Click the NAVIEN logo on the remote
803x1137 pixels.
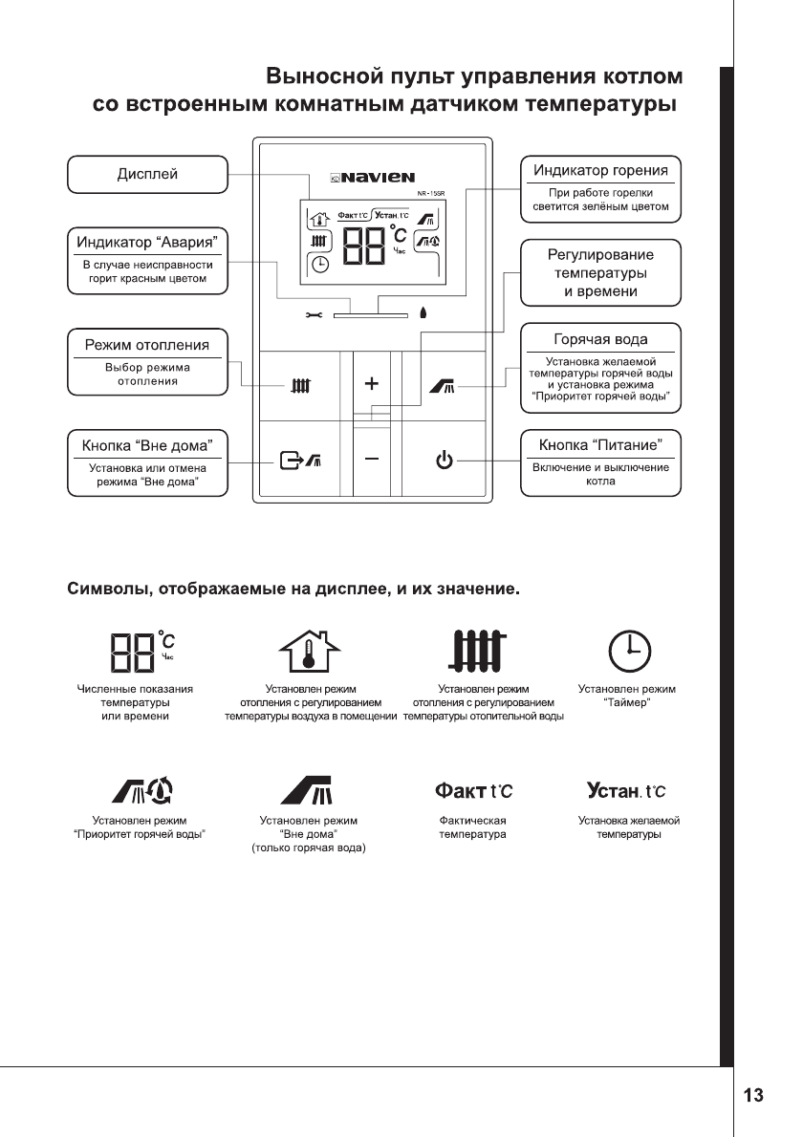(x=373, y=177)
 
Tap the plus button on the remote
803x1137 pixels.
(x=372, y=384)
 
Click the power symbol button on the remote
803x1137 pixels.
(x=443, y=461)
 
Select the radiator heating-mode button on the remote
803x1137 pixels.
(x=300, y=387)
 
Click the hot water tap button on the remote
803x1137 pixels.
(x=443, y=386)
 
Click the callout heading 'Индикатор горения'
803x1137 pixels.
(x=600, y=170)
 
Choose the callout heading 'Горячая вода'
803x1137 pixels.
(x=600, y=339)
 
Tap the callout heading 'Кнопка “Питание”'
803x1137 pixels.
(x=600, y=445)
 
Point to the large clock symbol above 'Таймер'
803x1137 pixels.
(x=628, y=651)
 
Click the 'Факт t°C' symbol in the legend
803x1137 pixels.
(x=473, y=790)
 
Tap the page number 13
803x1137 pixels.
(x=754, y=1095)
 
